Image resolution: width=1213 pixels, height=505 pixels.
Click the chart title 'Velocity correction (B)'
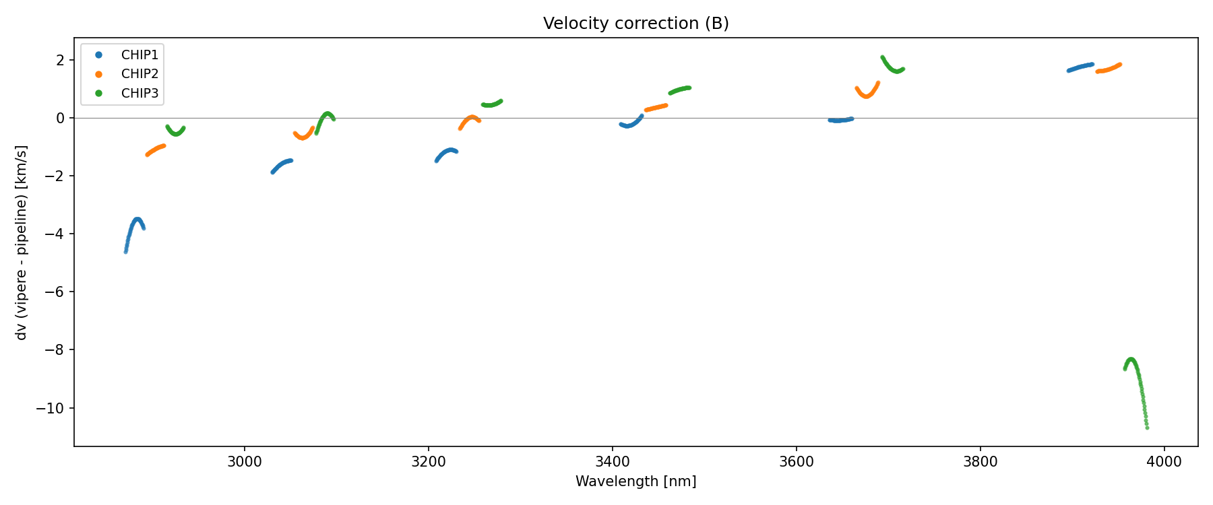(x=635, y=24)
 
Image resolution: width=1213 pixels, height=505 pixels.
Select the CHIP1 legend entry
(x=139, y=55)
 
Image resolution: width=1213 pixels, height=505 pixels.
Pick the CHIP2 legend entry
(x=139, y=74)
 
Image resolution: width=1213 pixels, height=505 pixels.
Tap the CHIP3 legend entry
(x=139, y=94)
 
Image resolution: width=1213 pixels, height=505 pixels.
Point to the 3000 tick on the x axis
(x=244, y=462)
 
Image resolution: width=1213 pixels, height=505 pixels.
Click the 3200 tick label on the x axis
(x=428, y=462)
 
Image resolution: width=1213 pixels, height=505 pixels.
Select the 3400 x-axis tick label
(x=612, y=462)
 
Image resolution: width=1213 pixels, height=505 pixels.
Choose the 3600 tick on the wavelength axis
(x=796, y=462)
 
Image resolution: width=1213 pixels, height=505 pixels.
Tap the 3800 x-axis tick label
(x=980, y=462)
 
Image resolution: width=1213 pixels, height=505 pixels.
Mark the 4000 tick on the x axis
(x=1164, y=462)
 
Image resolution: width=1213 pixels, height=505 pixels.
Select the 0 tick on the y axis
(x=61, y=119)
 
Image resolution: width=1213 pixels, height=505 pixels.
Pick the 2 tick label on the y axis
(x=61, y=61)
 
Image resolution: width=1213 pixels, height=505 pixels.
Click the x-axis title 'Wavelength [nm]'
(x=635, y=481)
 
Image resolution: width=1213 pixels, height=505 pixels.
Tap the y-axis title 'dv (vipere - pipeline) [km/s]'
(x=22, y=242)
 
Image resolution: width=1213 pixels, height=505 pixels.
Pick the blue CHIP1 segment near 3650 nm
(x=840, y=120)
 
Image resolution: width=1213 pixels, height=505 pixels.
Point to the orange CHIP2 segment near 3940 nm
(x=1108, y=69)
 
